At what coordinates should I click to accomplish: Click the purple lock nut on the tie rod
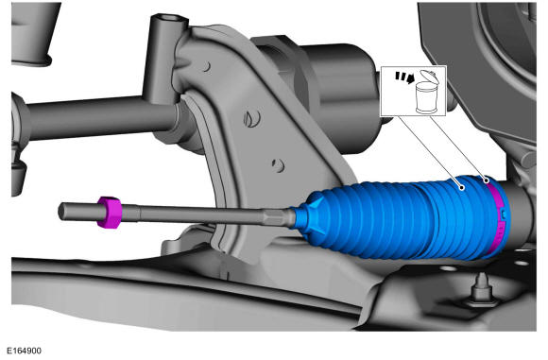point(109,213)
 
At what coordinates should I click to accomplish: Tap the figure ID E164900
point(25,351)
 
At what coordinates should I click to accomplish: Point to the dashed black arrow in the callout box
point(404,77)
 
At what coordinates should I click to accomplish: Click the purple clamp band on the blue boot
point(499,216)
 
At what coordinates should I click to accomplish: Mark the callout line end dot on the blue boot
point(462,188)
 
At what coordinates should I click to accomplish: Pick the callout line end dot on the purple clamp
point(486,180)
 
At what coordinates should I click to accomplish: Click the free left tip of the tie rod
point(60,212)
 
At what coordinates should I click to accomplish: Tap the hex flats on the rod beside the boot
point(276,216)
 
